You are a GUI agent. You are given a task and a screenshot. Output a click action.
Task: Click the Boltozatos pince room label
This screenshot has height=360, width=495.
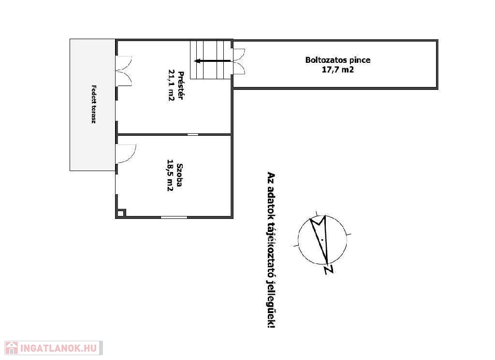tap(338, 60)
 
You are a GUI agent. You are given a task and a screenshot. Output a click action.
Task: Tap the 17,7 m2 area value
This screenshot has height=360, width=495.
tap(338, 70)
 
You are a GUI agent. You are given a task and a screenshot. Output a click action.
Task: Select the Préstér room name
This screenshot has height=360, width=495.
tap(181, 86)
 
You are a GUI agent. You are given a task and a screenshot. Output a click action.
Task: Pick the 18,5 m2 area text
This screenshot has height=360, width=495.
tap(170, 175)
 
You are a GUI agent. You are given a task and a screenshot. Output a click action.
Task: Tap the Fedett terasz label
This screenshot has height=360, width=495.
tap(93, 104)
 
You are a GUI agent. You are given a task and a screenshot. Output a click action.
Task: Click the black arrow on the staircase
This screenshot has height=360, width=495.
tap(213, 61)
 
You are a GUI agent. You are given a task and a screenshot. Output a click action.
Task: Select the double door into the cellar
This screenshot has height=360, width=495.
tap(239, 61)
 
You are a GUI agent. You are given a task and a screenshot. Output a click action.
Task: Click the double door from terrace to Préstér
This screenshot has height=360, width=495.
tap(124, 71)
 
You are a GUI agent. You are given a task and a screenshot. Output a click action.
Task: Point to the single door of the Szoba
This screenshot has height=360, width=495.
tap(126, 154)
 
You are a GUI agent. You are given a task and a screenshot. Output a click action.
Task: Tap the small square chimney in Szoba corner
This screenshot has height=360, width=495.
tap(121, 213)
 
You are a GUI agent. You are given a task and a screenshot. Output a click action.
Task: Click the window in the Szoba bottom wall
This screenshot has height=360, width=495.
tap(174, 217)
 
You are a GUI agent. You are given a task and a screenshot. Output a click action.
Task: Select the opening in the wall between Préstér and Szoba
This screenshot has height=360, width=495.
tap(193, 134)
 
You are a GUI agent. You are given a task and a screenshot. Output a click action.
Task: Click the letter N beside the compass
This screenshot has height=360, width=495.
tap(329, 270)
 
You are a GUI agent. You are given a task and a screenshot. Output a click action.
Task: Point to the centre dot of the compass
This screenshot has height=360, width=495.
tap(322, 240)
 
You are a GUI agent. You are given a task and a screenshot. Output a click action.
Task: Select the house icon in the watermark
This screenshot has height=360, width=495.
tap(12, 348)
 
